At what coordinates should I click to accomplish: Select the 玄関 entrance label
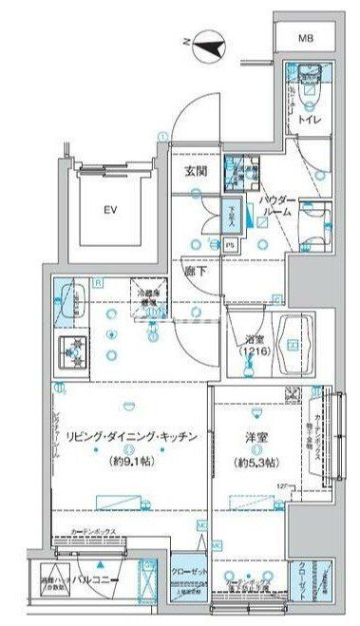[196, 172]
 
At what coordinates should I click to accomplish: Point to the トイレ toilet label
[308, 121]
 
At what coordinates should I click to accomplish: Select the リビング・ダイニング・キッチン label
[131, 438]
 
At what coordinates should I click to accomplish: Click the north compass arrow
[210, 44]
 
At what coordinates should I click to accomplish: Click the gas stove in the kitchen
[71, 351]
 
